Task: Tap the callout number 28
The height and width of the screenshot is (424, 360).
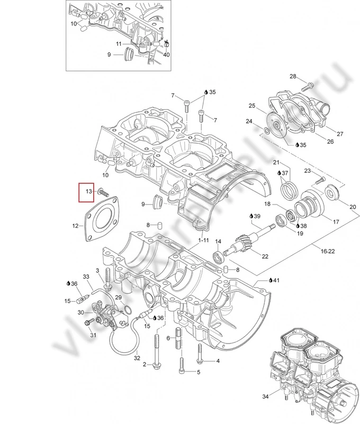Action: pyautogui.click(x=293, y=77)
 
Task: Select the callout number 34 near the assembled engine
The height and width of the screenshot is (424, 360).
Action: pyautogui.click(x=266, y=397)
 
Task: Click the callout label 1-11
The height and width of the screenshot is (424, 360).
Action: pyautogui.click(x=204, y=240)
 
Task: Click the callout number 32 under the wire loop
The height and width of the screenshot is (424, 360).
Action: pyautogui.click(x=137, y=358)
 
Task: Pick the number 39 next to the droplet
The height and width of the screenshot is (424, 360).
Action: pyautogui.click(x=257, y=216)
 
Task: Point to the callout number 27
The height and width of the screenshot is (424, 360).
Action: pyautogui.click(x=340, y=133)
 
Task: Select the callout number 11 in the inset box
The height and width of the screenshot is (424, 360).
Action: pyautogui.click(x=119, y=43)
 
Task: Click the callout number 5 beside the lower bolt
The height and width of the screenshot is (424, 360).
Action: pyautogui.click(x=199, y=372)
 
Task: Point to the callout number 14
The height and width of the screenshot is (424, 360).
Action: pyautogui.click(x=217, y=242)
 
